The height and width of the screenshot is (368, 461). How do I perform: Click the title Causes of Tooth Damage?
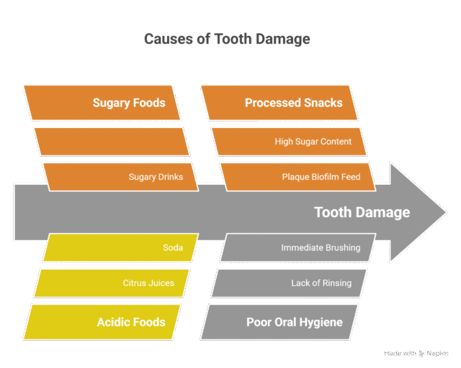click(227, 39)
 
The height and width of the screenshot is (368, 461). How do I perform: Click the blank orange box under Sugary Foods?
click(112, 141)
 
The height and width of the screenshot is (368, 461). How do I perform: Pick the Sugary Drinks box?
click(120, 177)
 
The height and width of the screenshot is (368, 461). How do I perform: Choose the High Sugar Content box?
click(289, 141)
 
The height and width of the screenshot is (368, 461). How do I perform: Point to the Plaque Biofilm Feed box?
click(297, 177)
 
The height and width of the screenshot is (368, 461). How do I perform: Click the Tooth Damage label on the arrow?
click(362, 212)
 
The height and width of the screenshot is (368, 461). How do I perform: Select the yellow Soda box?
click(120, 248)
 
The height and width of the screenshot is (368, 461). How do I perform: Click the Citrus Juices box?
click(112, 283)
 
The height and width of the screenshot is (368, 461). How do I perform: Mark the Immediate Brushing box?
click(297, 248)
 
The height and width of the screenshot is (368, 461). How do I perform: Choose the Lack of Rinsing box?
click(289, 283)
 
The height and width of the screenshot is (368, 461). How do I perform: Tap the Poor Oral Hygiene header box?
click(280, 322)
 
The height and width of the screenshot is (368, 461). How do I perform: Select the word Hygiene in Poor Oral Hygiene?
click(319, 322)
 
